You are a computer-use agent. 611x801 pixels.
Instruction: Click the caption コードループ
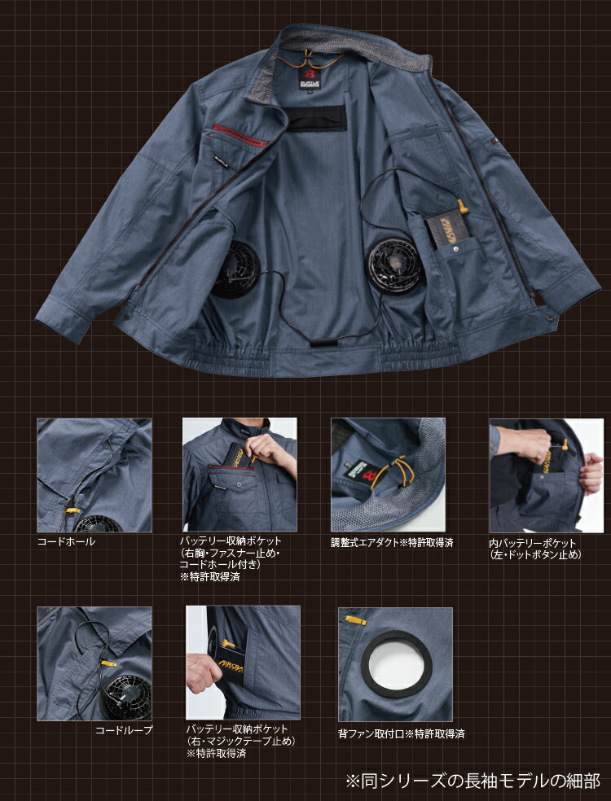click(124, 730)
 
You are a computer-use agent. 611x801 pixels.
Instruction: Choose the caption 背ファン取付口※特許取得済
click(401, 734)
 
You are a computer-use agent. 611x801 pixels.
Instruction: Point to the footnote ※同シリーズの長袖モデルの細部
click(473, 780)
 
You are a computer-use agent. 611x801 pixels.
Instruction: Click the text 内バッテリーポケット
click(532, 543)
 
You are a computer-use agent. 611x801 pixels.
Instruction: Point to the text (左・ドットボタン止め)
click(535, 554)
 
